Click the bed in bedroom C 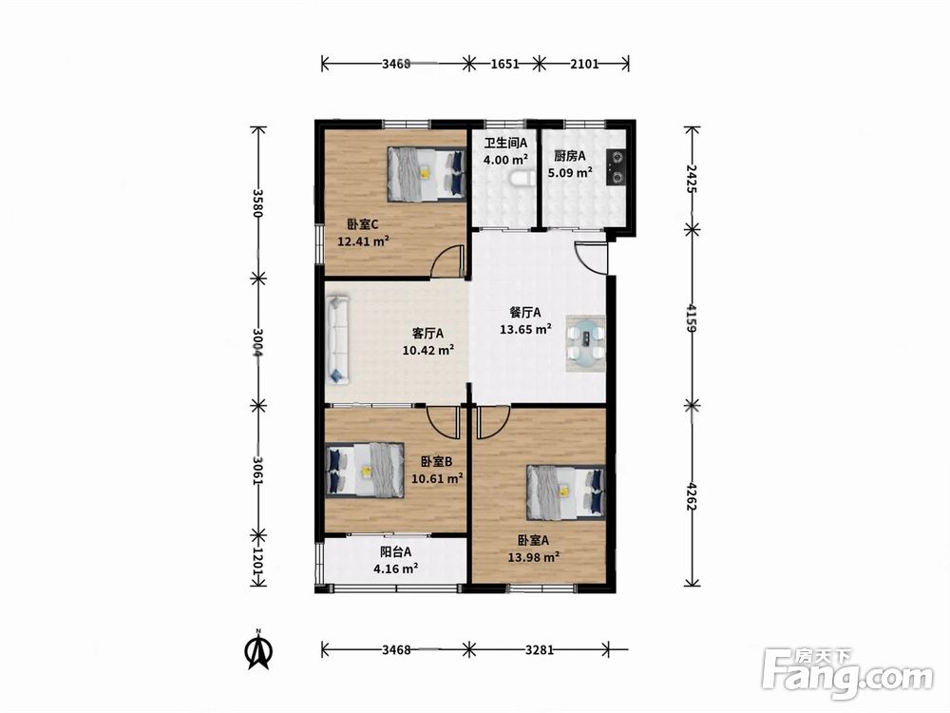427,173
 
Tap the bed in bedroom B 365,470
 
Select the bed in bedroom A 566,492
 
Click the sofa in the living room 337,339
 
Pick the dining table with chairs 585,342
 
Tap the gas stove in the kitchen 617,166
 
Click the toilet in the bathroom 521,179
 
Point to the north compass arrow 258,649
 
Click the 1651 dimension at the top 504,63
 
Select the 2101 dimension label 584,63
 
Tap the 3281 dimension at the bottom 540,650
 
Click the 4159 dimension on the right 692,318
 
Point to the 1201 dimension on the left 258,565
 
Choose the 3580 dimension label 258,203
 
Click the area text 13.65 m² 525,329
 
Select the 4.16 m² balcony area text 395,568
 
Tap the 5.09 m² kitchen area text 570,173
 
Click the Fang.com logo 847,674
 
